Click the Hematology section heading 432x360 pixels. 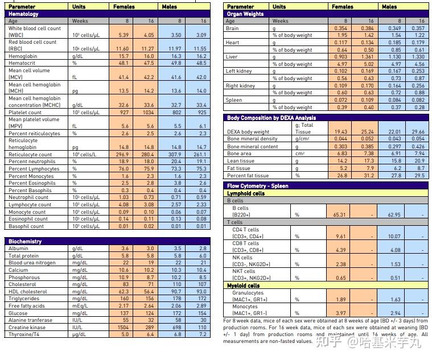click(24, 14)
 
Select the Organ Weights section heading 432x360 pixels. click(245, 14)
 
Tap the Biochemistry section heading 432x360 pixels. click(25, 242)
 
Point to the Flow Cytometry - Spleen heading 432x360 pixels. click(258, 186)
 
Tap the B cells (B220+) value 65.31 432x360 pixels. click(339, 215)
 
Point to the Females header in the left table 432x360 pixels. click(124, 7)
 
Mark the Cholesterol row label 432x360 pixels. click(22, 284)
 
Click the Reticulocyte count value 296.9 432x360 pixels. click(121, 154)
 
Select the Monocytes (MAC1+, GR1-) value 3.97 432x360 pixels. click(340, 313)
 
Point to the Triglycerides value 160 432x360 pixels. click(125, 299)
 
